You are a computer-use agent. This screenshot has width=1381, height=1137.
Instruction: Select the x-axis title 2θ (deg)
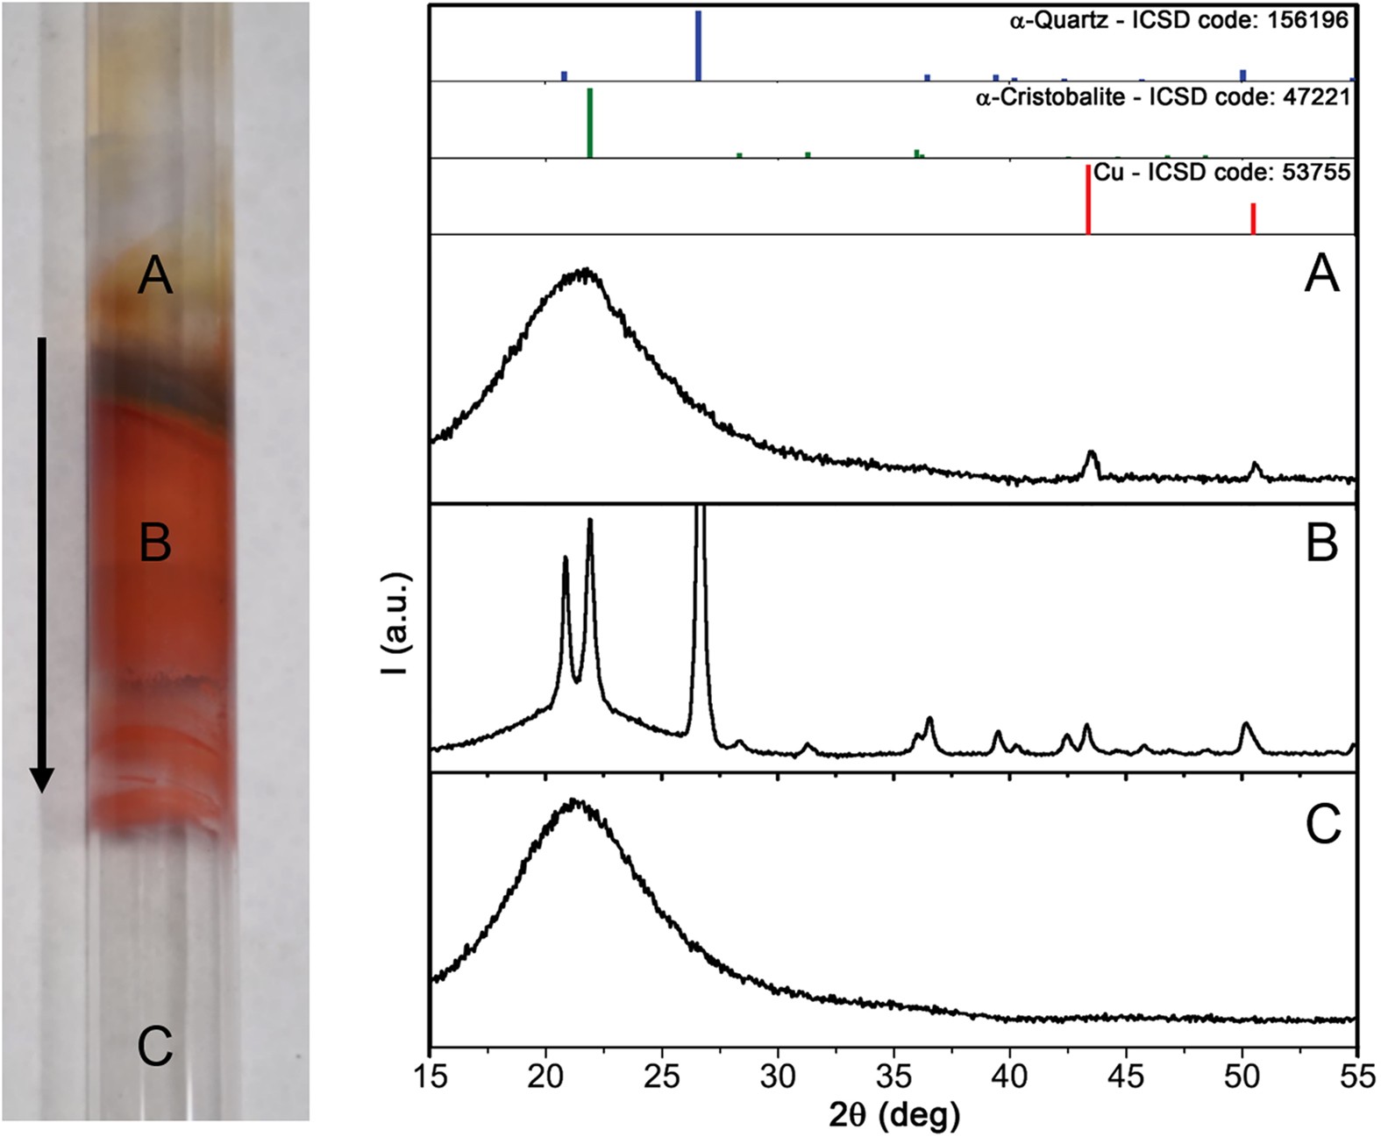(x=893, y=1116)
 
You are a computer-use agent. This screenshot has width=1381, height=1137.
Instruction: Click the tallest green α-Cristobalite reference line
(x=590, y=123)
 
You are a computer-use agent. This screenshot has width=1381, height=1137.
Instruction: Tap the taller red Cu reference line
(x=1088, y=199)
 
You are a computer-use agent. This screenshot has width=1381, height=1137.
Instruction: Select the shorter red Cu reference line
(x=1253, y=218)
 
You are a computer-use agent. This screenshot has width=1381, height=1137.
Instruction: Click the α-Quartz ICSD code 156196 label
(x=1178, y=20)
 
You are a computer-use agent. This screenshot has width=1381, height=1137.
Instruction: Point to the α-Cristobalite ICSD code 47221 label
(x=1163, y=97)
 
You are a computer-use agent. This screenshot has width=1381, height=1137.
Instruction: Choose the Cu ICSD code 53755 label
(x=1221, y=173)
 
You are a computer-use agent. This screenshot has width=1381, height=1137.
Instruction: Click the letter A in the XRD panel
(x=1321, y=274)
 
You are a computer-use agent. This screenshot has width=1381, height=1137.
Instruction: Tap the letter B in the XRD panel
(x=1321, y=543)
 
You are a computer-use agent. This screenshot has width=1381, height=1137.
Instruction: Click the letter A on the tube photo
(x=155, y=277)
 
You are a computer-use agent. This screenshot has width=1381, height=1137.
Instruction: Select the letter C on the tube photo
(x=155, y=1047)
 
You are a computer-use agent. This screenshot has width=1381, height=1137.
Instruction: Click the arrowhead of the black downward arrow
(x=41, y=778)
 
